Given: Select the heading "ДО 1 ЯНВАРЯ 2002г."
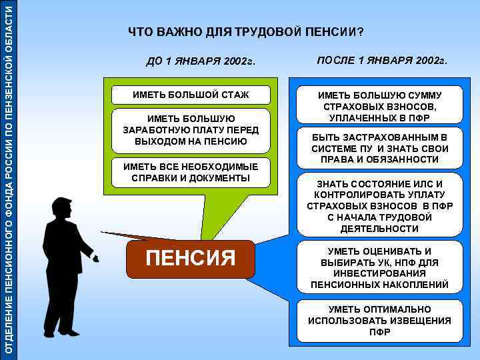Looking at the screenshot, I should point(201,63).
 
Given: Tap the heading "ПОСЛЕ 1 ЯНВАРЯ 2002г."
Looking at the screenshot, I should point(382,61).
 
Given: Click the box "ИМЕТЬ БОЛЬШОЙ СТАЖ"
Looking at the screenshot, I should point(181,95).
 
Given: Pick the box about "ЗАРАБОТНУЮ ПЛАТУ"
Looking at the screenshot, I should point(185,130).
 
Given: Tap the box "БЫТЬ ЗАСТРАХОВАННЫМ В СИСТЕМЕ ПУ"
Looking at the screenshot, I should point(379,148).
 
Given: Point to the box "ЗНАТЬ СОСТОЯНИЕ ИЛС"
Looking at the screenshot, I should point(379,205).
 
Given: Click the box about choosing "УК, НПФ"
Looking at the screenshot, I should point(379,268).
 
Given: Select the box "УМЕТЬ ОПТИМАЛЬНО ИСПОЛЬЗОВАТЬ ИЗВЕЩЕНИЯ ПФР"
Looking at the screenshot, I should point(379,321).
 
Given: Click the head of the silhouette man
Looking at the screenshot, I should point(61,209).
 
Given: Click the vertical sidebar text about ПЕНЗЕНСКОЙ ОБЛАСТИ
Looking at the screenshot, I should point(9,180).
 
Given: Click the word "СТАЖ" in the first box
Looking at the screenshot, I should point(233,95).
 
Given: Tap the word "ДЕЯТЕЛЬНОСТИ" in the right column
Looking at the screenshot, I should point(379,229).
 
